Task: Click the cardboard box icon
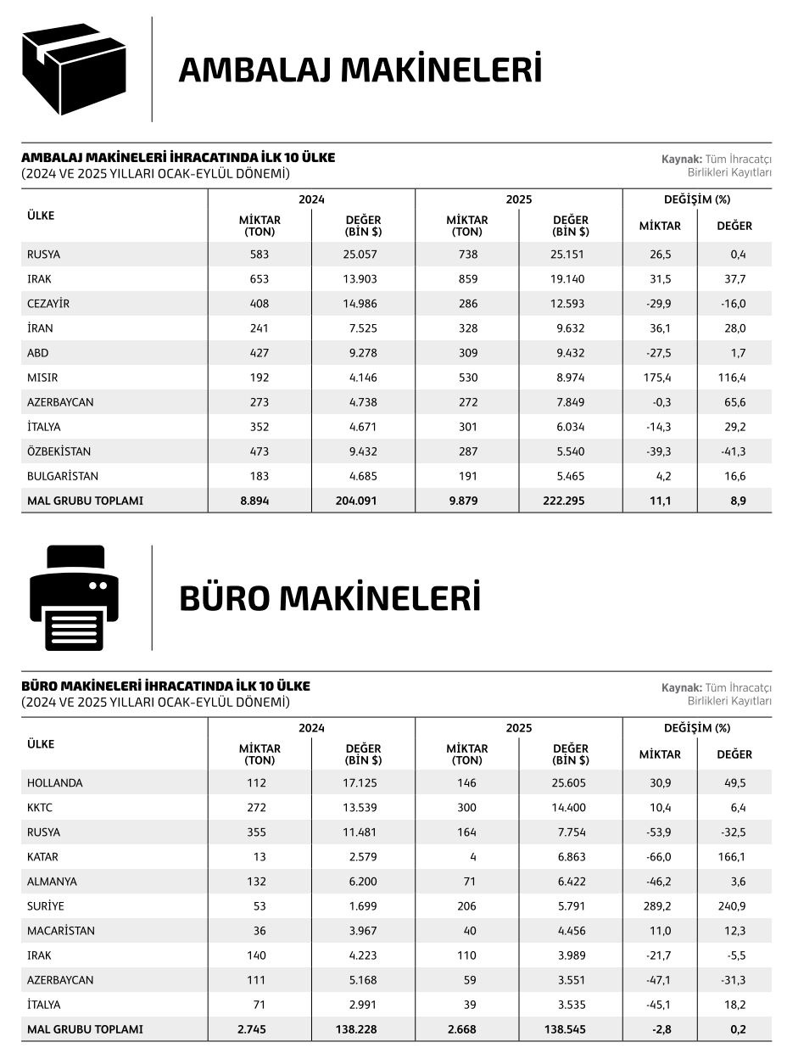74,69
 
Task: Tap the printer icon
74,598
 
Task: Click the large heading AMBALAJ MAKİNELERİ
360,70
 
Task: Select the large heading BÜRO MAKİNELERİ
329,598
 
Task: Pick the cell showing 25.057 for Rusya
361,255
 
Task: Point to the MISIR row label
42,378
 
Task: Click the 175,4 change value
659,378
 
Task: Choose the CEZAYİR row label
48,304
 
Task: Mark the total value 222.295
569,501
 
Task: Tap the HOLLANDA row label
55,783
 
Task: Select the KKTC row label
40,808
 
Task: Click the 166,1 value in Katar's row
731,857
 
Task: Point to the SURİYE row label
46,906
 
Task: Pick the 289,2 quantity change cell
659,906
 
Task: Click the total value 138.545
569,1029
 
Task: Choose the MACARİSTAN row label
61,931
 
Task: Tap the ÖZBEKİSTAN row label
59,451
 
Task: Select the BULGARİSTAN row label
63,476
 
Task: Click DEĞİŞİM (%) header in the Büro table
696,728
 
